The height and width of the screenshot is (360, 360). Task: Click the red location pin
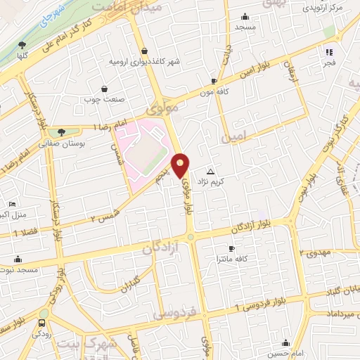tap(181, 165)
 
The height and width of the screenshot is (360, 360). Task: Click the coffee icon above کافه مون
tap(214, 81)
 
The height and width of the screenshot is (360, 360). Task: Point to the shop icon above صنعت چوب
tap(105, 89)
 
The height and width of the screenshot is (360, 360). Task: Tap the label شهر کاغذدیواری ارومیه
tap(144, 61)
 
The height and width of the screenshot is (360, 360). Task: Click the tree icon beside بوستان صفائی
tap(63, 132)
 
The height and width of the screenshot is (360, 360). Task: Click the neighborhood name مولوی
tap(167, 109)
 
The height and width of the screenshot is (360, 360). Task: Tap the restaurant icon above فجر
tap(328, 51)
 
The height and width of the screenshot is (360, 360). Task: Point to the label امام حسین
tap(285, 354)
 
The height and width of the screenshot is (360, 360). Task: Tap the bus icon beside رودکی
tap(43, 323)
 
